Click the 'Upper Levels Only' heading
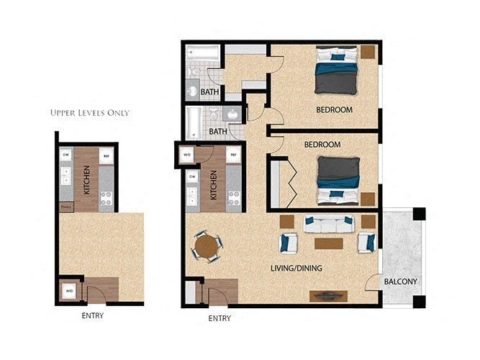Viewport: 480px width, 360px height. click(x=90, y=113)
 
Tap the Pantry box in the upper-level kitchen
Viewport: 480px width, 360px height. click(x=65, y=207)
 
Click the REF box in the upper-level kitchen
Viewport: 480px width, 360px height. click(x=106, y=155)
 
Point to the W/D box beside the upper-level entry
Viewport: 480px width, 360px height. click(x=70, y=291)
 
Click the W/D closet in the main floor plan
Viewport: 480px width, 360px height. click(x=187, y=155)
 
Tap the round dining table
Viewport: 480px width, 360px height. click(x=207, y=248)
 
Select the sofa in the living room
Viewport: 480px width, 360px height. click(x=328, y=225)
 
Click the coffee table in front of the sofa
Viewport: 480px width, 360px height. click(x=328, y=243)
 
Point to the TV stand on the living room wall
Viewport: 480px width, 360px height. click(x=328, y=295)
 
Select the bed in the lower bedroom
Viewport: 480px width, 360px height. click(x=338, y=180)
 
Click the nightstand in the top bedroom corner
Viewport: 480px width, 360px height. click(x=368, y=52)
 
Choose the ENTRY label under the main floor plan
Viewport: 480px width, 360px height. click(x=219, y=318)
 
